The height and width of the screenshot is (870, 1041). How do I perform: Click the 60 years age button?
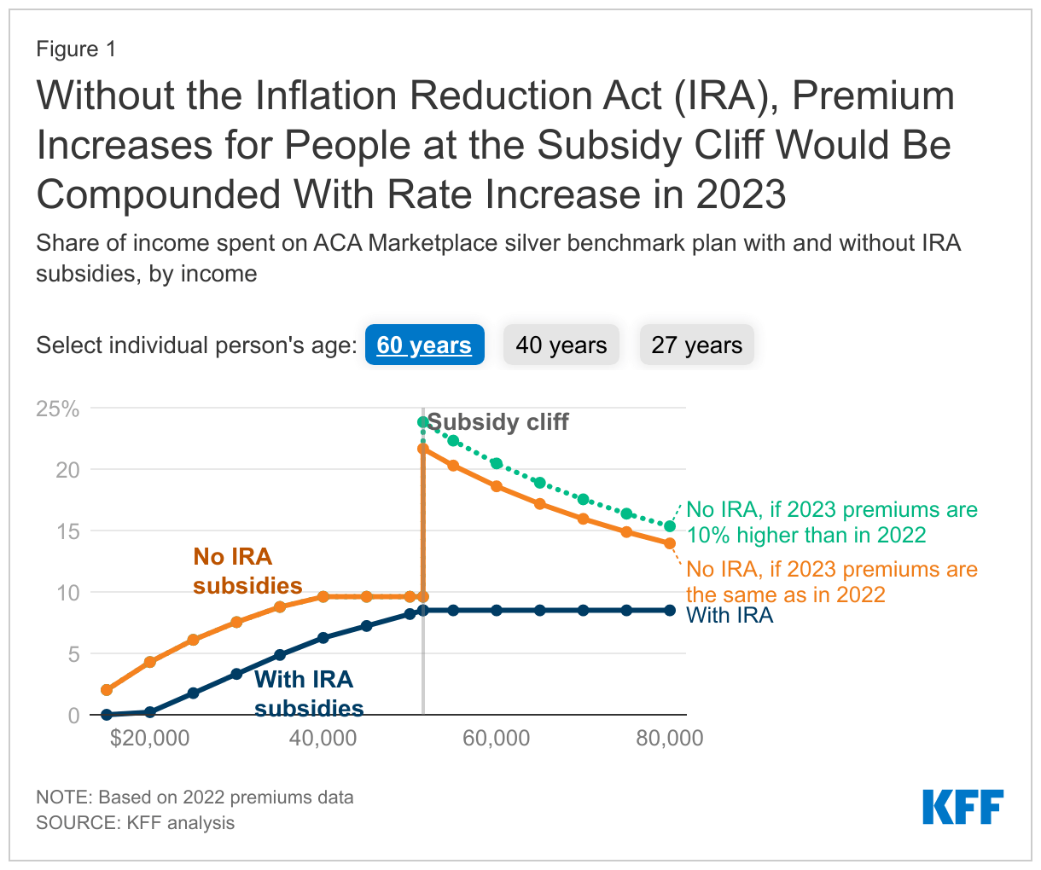pyautogui.click(x=424, y=345)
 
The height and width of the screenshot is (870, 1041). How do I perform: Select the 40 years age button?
pyautogui.click(x=561, y=345)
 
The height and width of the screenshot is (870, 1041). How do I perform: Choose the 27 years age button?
pyautogui.click(x=696, y=345)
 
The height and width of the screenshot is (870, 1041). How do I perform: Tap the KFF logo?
pyautogui.click(x=962, y=807)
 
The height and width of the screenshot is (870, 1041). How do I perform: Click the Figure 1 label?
pyautogui.click(x=76, y=49)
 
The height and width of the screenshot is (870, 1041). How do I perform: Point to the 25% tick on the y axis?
pyautogui.click(x=57, y=409)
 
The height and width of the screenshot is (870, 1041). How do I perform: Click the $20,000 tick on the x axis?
pyautogui.click(x=149, y=739)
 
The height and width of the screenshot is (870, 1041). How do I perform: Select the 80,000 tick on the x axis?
pyautogui.click(x=669, y=739)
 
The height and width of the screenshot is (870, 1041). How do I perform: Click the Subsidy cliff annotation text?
pyautogui.click(x=497, y=422)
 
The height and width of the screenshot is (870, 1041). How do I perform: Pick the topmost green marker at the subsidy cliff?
pyautogui.click(x=423, y=422)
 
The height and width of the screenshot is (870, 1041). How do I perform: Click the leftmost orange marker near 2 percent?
pyautogui.click(x=107, y=690)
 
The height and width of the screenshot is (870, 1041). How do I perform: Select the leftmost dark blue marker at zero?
pyautogui.click(x=107, y=715)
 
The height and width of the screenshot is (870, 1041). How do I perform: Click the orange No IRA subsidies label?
pyautogui.click(x=247, y=571)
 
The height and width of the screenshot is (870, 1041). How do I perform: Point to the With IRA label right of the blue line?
pyautogui.click(x=730, y=616)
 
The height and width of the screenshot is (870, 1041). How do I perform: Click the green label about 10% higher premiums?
pyautogui.click(x=832, y=522)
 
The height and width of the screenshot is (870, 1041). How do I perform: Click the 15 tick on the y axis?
pyautogui.click(x=67, y=531)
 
